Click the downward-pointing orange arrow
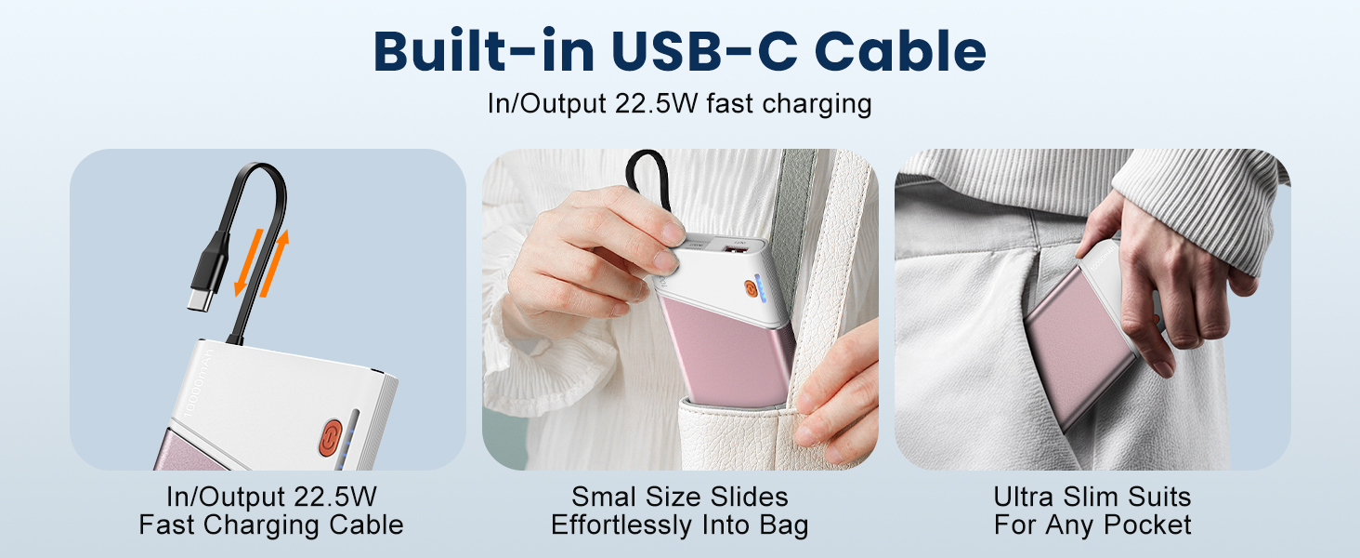click(x=249, y=262)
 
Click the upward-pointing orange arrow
click(x=275, y=263)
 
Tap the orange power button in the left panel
click(x=331, y=437)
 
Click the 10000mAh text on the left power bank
click(x=199, y=383)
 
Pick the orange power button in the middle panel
click(x=752, y=289)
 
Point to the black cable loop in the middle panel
click(x=649, y=178)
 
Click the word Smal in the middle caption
click(x=604, y=497)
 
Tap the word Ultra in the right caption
click(x=1023, y=497)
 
